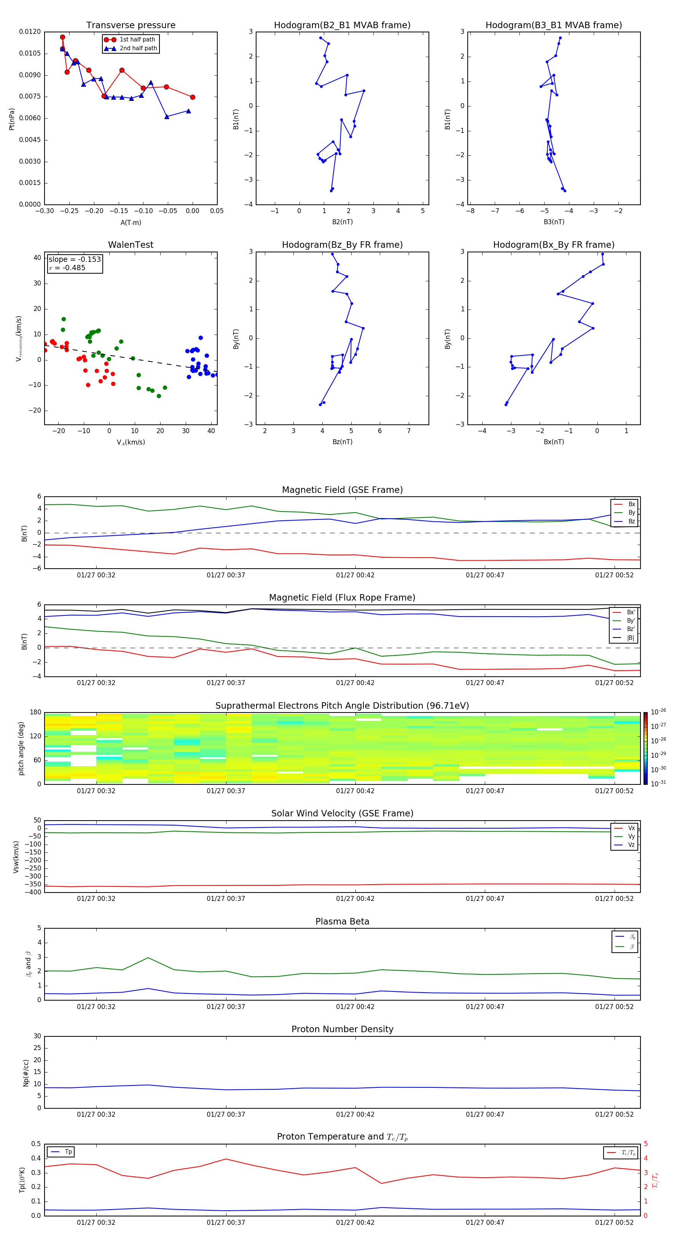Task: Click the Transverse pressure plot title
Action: (131, 26)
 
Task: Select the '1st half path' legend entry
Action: (137, 40)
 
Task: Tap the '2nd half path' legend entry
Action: (138, 48)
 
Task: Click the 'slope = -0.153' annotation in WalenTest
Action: (75, 260)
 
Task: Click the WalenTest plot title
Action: (131, 245)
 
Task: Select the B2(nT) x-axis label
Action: (342, 222)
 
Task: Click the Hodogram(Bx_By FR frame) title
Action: (553, 245)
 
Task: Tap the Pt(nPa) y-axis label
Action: (12, 119)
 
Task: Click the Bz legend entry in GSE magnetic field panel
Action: (631, 521)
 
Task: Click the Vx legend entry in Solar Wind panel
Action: (631, 828)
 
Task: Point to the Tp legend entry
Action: (68, 1152)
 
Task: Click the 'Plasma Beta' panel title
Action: (342, 921)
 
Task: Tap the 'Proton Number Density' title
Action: (342, 1029)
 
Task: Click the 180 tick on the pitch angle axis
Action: (36, 712)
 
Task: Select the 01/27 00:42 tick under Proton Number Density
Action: (355, 1114)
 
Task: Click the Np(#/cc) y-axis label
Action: (26, 1073)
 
